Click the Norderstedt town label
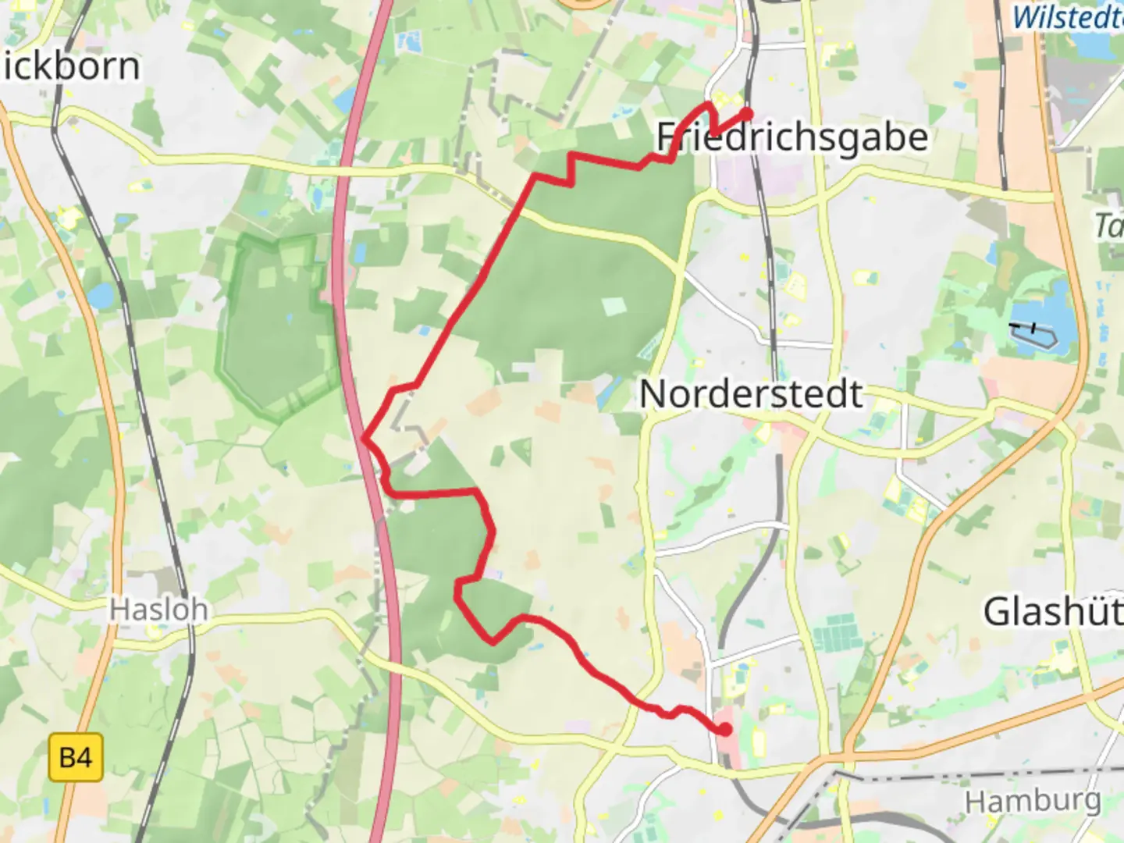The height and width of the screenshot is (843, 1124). click(x=751, y=394)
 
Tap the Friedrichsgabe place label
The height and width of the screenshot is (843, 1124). click(x=791, y=138)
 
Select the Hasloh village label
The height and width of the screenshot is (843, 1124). click(x=158, y=609)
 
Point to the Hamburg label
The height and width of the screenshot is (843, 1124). click(x=1032, y=801)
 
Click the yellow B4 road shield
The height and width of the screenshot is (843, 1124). click(x=76, y=757)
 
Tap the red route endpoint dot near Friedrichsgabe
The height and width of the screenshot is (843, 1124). click(x=747, y=114)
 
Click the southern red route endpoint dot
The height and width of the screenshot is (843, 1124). click(x=725, y=730)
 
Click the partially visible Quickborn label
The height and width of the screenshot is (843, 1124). click(x=70, y=66)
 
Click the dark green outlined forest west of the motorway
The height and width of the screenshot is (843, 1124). click(x=277, y=328)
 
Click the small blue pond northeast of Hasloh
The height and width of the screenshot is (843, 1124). click(x=101, y=296)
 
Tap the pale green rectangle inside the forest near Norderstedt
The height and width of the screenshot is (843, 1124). click(x=614, y=305)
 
